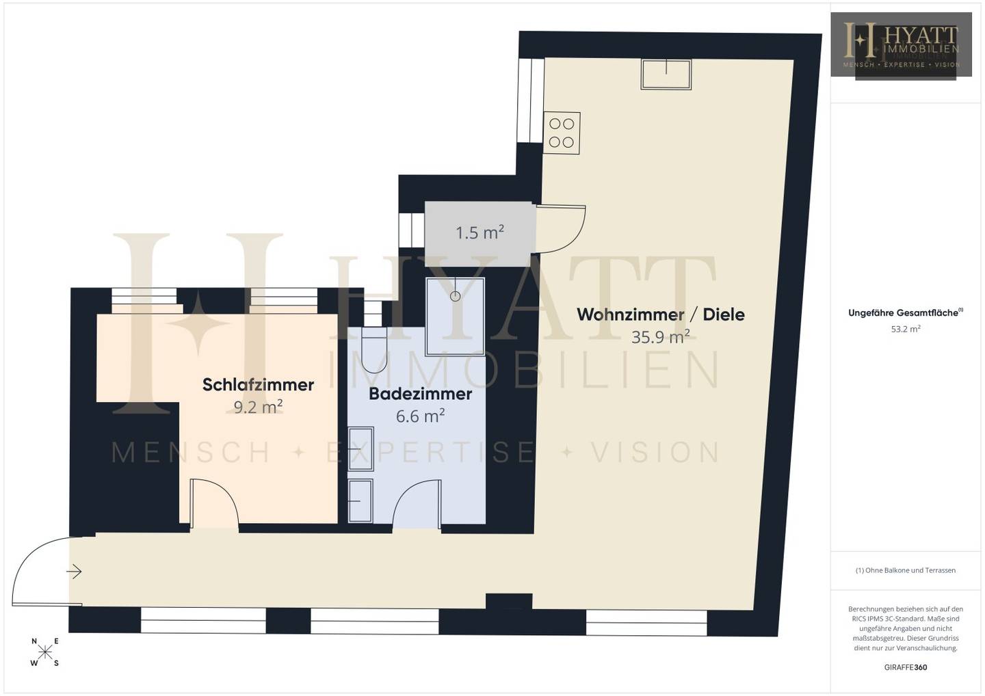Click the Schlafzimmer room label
click(258, 384)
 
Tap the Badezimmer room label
click(421, 394)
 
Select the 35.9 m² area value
click(661, 337)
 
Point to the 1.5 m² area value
click(480, 232)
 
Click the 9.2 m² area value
click(258, 407)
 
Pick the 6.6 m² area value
click(421, 416)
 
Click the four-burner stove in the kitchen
click(562, 133)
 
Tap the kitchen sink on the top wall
click(666, 75)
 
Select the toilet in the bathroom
click(373, 349)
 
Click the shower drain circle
click(455, 296)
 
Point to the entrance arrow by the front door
click(74, 572)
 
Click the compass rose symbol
click(45, 652)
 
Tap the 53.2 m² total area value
click(906, 329)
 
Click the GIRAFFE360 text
click(906, 667)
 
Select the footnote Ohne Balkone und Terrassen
click(906, 570)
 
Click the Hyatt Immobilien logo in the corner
click(901, 44)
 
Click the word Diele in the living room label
click(724, 314)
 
